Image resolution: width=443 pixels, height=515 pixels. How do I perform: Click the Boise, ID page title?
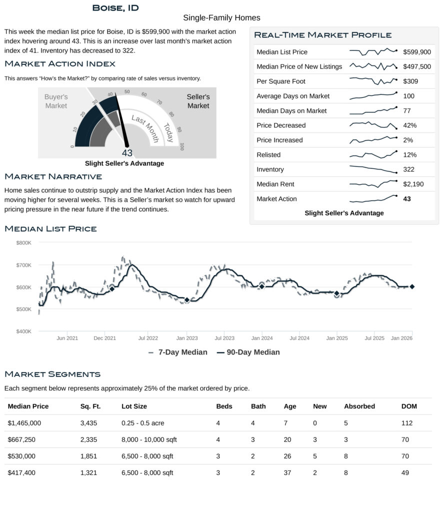(115, 8)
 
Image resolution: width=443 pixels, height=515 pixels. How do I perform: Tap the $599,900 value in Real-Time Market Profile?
(416, 52)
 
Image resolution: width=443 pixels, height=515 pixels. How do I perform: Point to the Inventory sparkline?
(373, 169)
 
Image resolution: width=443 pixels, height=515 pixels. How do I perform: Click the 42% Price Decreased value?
(409, 125)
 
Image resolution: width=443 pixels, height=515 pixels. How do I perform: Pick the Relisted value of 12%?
(409, 155)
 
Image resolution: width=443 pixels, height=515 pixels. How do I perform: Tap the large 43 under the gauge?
(127, 153)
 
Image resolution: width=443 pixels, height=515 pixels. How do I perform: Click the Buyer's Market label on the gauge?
(56, 101)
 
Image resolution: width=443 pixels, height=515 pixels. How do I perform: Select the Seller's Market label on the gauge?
(198, 101)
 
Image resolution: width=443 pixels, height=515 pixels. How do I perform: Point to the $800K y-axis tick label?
(24, 242)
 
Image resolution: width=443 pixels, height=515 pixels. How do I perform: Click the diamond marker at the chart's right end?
(412, 286)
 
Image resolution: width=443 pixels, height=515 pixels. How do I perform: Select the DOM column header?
(409, 406)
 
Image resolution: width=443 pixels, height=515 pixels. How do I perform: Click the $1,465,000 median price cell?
(24, 423)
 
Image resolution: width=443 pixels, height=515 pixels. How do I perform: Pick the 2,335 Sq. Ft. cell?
(88, 439)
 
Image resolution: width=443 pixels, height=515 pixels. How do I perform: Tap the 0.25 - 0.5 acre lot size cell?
(142, 423)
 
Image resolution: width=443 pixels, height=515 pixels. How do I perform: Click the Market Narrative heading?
(53, 176)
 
